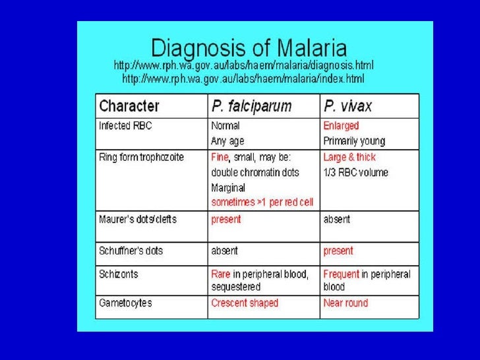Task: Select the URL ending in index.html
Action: point(243,78)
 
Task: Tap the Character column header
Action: point(129,105)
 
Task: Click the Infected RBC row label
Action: point(125,125)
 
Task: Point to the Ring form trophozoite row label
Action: point(141,157)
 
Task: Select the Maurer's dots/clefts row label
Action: point(138,219)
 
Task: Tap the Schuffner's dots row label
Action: point(131,251)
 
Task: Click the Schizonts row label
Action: point(119,274)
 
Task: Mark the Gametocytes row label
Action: point(125,303)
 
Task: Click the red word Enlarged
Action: point(341,125)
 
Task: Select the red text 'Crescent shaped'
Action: point(245,303)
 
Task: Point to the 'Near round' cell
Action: point(345,303)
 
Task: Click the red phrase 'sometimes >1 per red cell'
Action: point(262,202)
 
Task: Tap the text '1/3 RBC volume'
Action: point(355,173)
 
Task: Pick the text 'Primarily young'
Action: point(354,141)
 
